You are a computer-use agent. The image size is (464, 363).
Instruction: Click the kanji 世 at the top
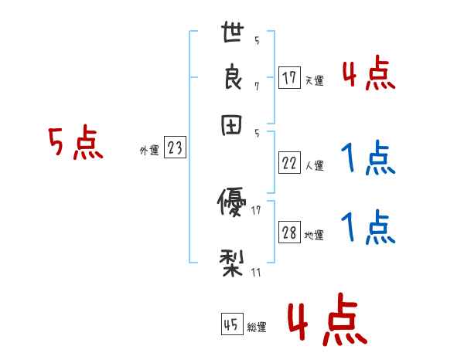click(234, 34)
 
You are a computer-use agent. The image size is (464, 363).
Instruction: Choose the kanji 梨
click(233, 263)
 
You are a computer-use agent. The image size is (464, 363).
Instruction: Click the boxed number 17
click(289, 77)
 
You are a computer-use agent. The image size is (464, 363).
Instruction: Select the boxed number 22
click(289, 163)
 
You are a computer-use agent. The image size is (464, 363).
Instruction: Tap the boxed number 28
click(289, 232)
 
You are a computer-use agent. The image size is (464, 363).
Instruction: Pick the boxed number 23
click(175, 148)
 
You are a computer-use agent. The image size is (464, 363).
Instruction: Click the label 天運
click(314, 80)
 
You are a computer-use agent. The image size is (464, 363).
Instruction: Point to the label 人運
click(314, 165)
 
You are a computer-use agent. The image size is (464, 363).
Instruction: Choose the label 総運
click(257, 327)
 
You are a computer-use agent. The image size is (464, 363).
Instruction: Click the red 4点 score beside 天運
click(369, 75)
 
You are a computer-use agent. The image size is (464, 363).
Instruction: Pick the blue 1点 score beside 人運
click(369, 160)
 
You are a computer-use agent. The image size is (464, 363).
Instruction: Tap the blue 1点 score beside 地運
click(369, 229)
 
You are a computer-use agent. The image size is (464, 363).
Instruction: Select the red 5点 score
click(75, 144)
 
